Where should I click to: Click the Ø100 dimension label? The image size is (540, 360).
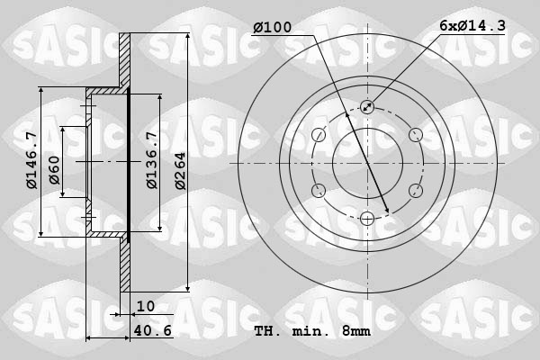pyautogui.click(x=273, y=28)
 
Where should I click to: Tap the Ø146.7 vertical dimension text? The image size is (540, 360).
pyautogui.click(x=31, y=160)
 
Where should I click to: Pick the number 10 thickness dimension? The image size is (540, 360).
pyautogui.click(x=145, y=306)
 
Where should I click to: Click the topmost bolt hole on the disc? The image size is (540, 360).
pyautogui.click(x=366, y=107)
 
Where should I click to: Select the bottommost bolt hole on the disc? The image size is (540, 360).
pyautogui.click(x=366, y=218)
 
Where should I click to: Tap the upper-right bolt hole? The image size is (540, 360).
pyautogui.click(x=414, y=135)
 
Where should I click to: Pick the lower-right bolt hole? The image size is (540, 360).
pyautogui.click(x=414, y=190)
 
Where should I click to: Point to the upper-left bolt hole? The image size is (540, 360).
pyautogui.click(x=319, y=135)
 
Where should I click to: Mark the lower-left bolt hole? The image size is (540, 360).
pyautogui.click(x=319, y=190)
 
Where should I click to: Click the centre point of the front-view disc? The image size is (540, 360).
pyautogui.click(x=366, y=163)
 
